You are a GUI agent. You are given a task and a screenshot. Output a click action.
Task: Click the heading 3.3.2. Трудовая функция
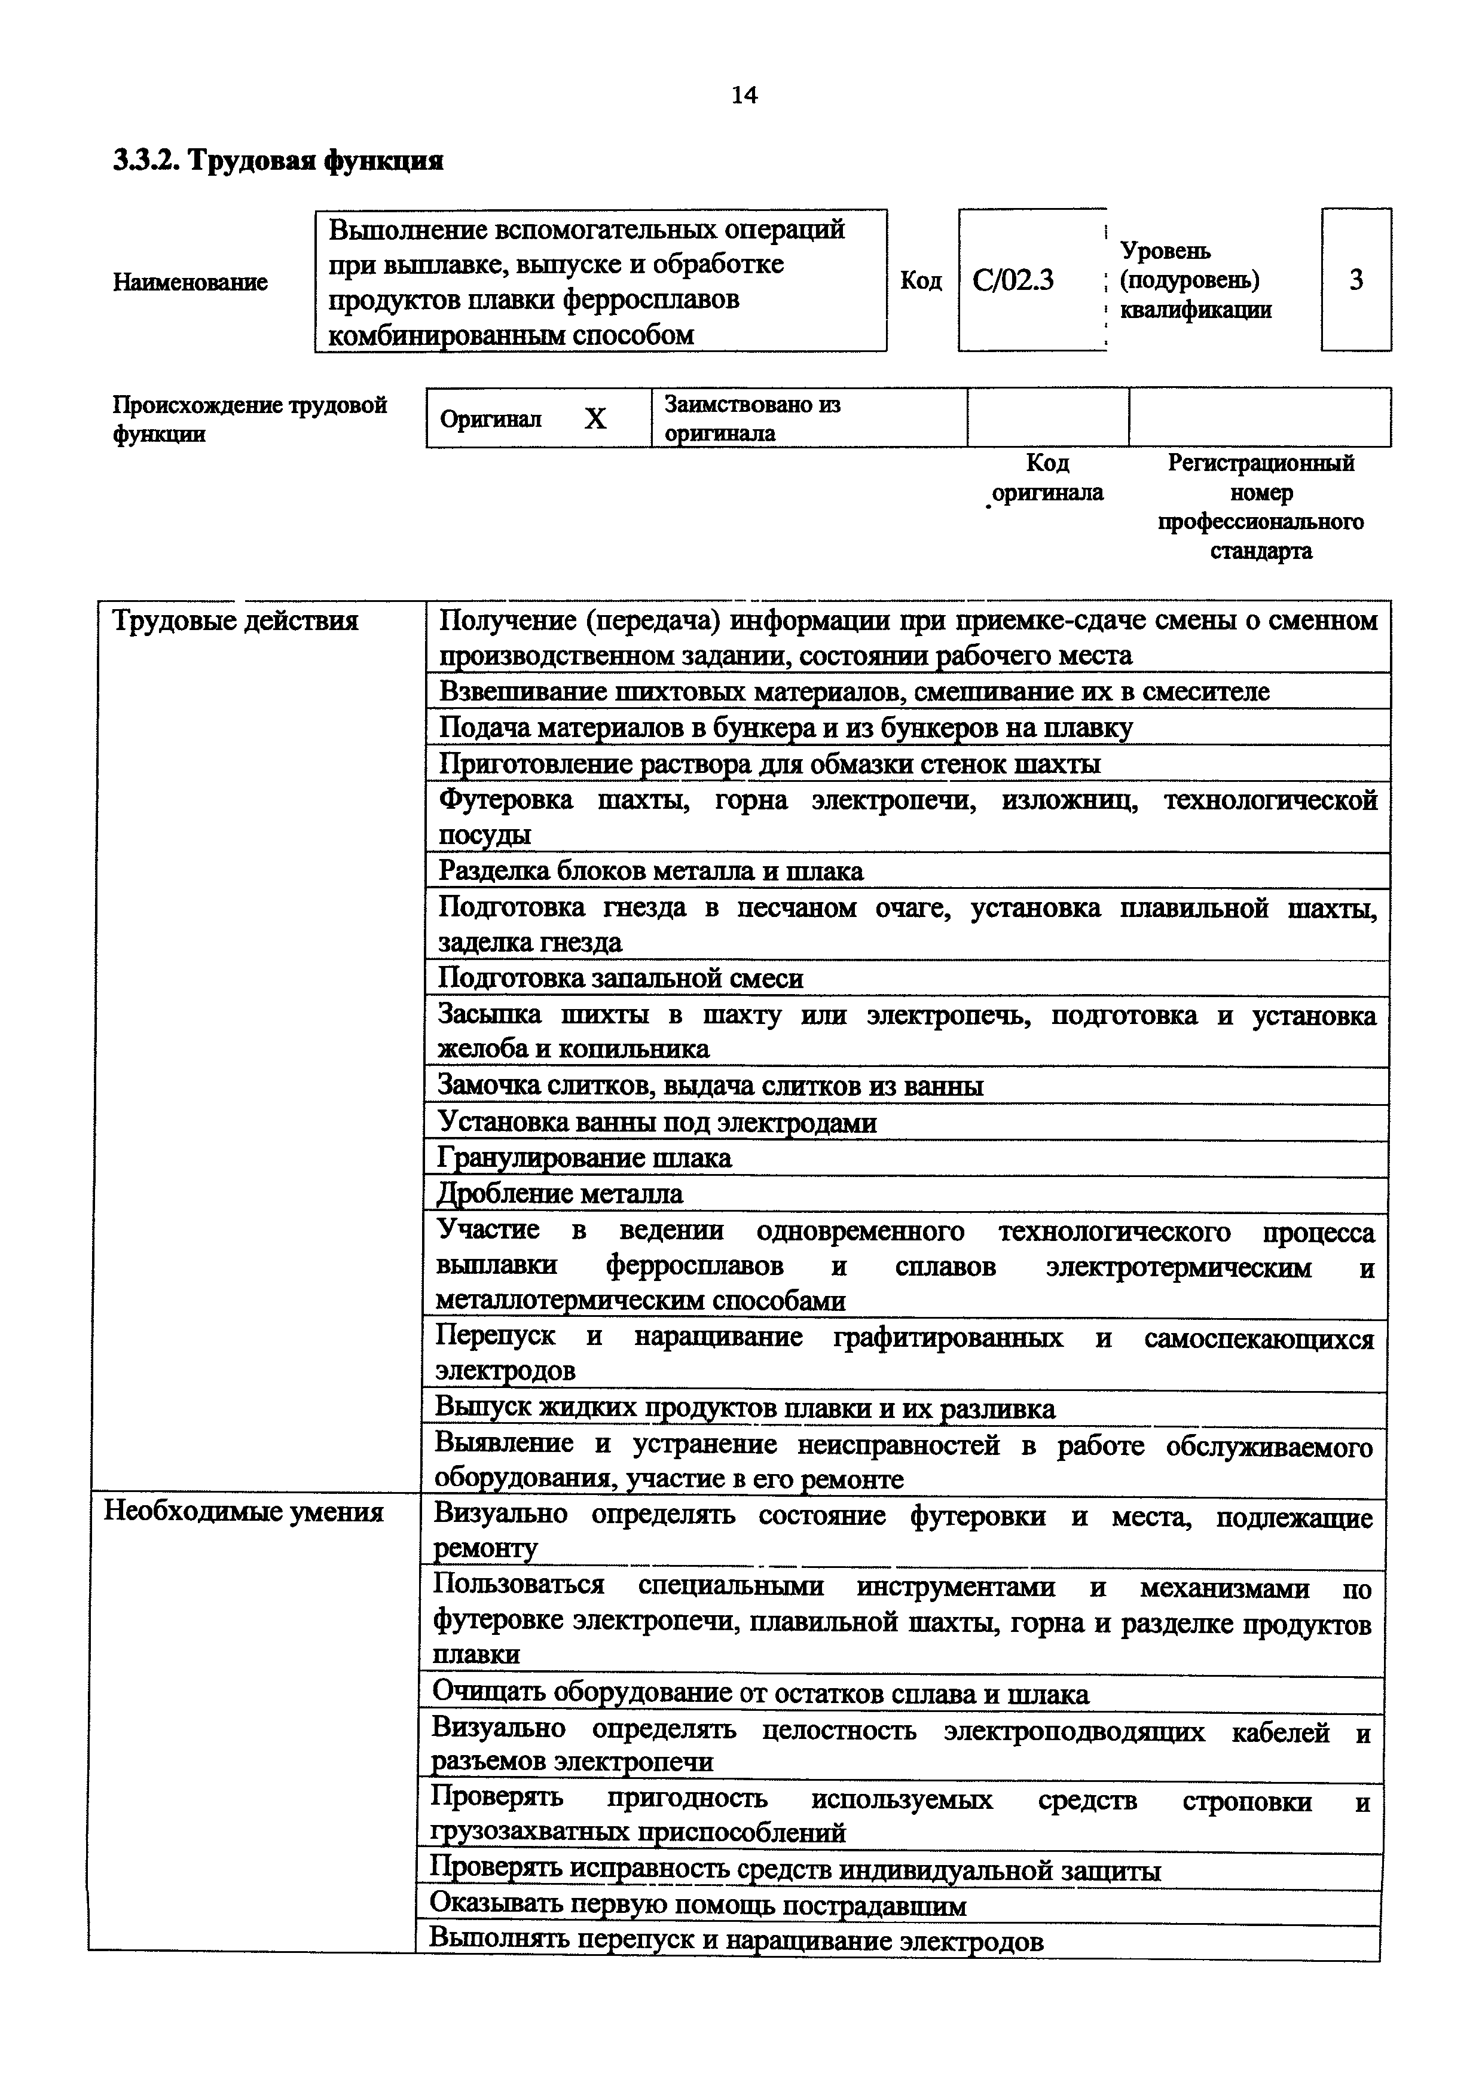pyautogui.click(x=279, y=161)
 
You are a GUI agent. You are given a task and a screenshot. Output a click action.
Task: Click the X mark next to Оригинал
pyautogui.click(x=595, y=419)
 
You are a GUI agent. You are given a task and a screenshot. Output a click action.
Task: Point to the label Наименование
pyautogui.click(x=190, y=282)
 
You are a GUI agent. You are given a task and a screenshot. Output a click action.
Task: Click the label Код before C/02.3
pyautogui.click(x=921, y=280)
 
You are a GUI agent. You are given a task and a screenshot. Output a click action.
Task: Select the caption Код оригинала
pyautogui.click(x=1047, y=478)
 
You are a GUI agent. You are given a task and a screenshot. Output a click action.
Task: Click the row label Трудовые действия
pyautogui.click(x=235, y=621)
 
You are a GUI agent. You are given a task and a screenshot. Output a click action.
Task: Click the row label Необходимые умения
pyautogui.click(x=243, y=1512)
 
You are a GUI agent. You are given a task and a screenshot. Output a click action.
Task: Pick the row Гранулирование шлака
pyautogui.click(x=585, y=1158)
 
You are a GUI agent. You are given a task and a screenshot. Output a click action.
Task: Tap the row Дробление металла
pyautogui.click(x=560, y=1194)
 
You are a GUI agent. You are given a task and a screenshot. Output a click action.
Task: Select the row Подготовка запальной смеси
pyautogui.click(x=621, y=978)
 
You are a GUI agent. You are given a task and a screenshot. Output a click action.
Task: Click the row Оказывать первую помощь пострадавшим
pyautogui.click(x=698, y=1905)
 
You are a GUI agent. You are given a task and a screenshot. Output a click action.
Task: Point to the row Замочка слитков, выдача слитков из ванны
pyautogui.click(x=710, y=1086)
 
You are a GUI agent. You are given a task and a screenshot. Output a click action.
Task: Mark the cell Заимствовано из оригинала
pyautogui.click(x=751, y=418)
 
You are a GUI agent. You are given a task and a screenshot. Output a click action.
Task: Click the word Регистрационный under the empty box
pyautogui.click(x=1261, y=463)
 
